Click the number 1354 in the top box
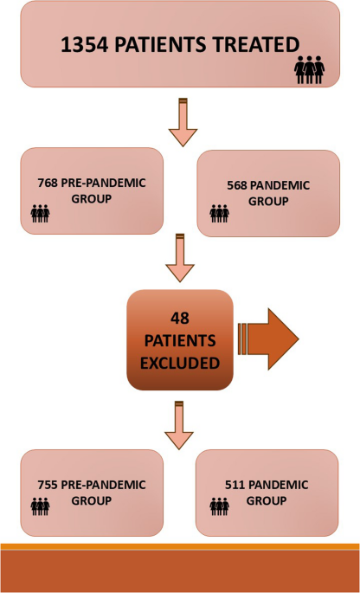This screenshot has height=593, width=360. click(85, 45)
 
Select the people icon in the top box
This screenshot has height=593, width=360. click(309, 70)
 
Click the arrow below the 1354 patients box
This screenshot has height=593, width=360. click(183, 122)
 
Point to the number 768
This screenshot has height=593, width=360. click(48, 183)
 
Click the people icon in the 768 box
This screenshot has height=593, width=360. click(40, 213)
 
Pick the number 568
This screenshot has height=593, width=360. click(237, 185)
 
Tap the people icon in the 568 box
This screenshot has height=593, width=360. click(219, 213)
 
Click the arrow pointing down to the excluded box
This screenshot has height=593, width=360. click(180, 258)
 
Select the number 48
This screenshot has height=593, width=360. click(180, 319)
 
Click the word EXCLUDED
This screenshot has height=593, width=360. click(180, 364)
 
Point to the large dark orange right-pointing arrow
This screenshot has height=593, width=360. click(268, 338)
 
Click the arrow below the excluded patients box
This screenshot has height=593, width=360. click(179, 425)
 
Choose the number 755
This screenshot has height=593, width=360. click(48, 485)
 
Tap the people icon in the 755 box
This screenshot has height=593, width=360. click(40, 506)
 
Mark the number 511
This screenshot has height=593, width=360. click(235, 485)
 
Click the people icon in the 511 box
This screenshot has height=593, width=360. click(219, 506)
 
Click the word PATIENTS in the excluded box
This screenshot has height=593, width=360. click(180, 341)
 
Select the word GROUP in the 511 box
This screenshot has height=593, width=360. click(267, 501)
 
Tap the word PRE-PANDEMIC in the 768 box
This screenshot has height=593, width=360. click(103, 183)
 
